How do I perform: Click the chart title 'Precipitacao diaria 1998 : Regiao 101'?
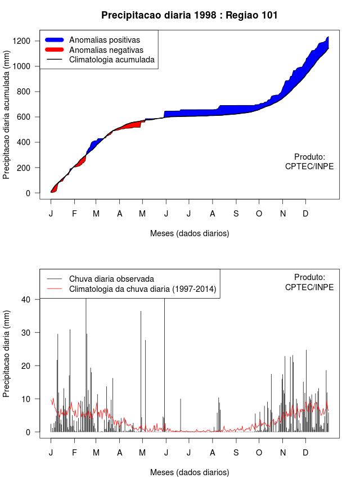pos(189,15)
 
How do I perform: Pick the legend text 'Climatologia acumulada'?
pos(112,60)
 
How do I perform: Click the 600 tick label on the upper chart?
pos(29,117)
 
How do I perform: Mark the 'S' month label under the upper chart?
pos(236,214)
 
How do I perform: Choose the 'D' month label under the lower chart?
pos(305,453)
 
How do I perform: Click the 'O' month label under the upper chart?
pos(259,214)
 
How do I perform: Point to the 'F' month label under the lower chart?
pos(74,453)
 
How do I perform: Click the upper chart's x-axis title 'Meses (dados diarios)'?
pos(189,233)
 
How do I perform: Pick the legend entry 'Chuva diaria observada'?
pos(111,278)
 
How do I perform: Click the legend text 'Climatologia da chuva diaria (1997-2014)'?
pos(142,289)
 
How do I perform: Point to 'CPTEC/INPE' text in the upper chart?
pos(309,166)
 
